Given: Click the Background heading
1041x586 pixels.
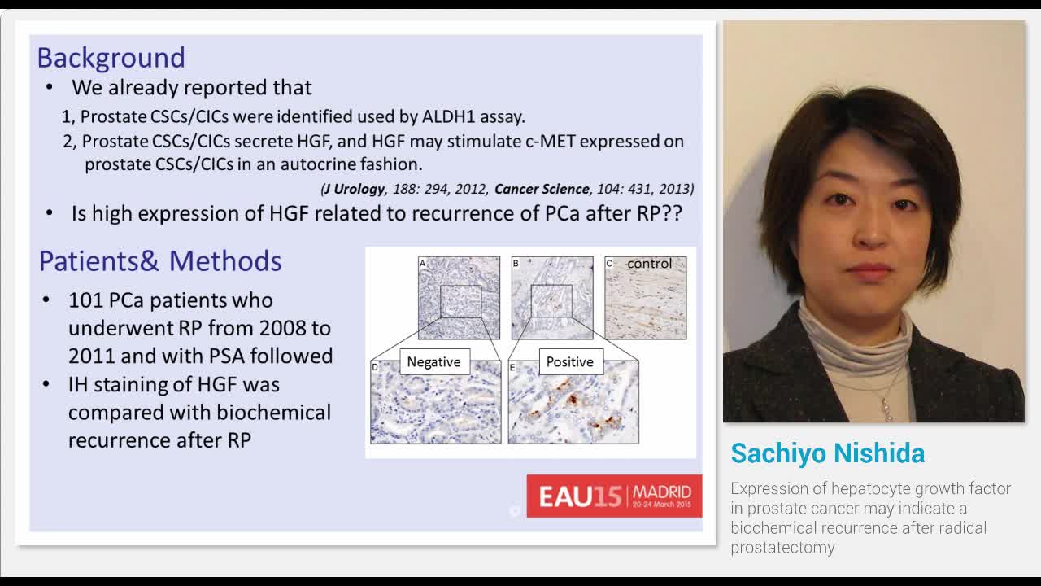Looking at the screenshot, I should [111, 58].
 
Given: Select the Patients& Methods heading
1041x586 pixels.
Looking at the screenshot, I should [160, 261].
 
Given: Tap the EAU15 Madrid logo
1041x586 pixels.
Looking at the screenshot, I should [614, 496].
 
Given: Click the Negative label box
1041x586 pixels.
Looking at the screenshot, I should [433, 361].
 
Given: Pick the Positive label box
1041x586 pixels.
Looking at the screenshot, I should [569, 361].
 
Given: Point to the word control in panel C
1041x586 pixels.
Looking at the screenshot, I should [649, 264].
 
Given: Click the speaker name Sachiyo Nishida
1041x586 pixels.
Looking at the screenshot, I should [827, 453].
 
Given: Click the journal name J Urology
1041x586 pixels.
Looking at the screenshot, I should [354, 189].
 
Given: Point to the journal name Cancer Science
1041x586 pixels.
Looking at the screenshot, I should [541, 189].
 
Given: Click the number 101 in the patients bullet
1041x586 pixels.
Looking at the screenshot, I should [85, 300].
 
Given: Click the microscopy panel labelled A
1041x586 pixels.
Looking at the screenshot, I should [459, 298].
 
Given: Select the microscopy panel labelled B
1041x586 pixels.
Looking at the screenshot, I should [552, 298].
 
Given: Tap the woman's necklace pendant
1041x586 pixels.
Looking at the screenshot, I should [886, 411].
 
